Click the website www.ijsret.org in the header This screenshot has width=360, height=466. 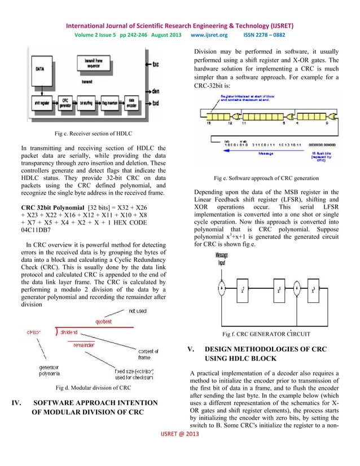(x=209, y=34)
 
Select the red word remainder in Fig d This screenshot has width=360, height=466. (x=83, y=345)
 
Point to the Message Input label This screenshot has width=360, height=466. (x=222, y=259)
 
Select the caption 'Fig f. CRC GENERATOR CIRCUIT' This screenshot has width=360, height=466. (x=266, y=334)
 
